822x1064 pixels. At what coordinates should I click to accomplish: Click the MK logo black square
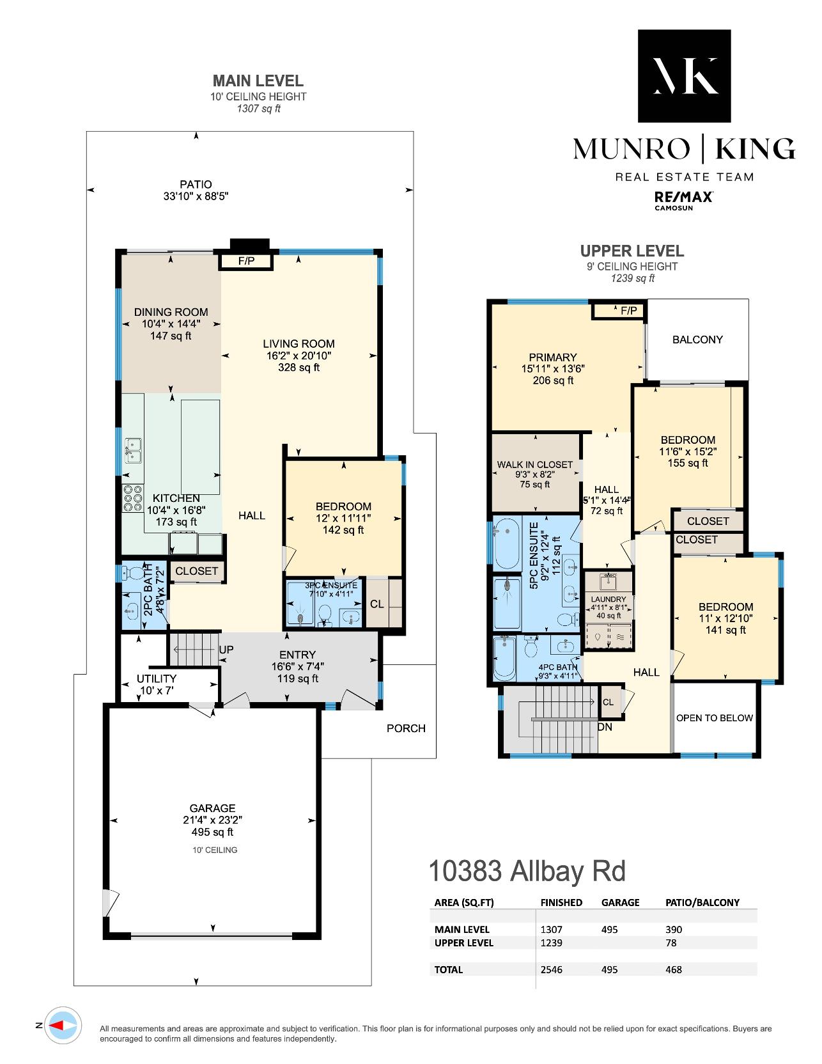[x=684, y=75]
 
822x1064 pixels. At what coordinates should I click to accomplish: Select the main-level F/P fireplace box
[x=246, y=261]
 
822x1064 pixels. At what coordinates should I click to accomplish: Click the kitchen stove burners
[x=133, y=498]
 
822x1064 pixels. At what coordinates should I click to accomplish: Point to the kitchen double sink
[x=132, y=450]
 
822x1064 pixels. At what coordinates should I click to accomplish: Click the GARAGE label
[x=212, y=808]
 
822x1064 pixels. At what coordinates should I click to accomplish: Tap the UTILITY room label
[x=157, y=678]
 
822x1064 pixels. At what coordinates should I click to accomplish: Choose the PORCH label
[x=406, y=728]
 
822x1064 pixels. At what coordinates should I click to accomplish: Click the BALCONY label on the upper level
[x=697, y=340]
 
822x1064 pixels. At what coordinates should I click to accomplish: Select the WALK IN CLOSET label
[x=535, y=465]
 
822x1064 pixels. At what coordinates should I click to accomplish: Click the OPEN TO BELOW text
[x=715, y=718]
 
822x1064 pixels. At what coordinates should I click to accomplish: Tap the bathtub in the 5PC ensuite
[x=507, y=544]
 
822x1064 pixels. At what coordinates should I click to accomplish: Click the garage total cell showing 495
[x=610, y=969]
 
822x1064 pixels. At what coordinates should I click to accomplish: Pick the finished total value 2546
[x=552, y=969]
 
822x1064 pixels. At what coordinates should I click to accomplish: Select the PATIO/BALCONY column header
[x=702, y=903]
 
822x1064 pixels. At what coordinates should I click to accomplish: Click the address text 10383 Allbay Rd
[x=527, y=872]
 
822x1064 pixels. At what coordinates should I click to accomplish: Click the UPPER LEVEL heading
[x=632, y=251]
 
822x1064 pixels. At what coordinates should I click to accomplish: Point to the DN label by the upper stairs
[x=605, y=728]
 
